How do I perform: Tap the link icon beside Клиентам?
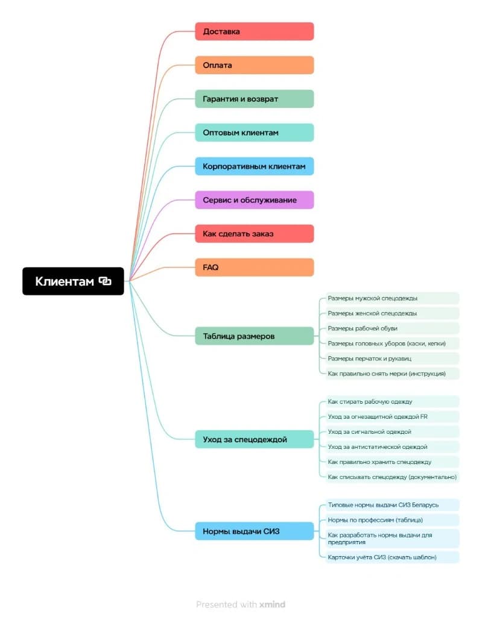click(106, 281)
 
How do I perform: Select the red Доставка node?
click(254, 31)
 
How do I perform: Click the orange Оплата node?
click(254, 65)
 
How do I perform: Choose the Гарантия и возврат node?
click(254, 99)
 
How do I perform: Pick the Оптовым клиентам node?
click(254, 133)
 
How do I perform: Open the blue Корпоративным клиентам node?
click(254, 166)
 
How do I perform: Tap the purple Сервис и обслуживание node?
click(254, 200)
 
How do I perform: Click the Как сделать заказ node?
click(254, 234)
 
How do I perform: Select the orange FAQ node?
click(254, 268)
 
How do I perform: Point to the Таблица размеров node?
click(254, 336)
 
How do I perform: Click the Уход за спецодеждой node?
click(254, 440)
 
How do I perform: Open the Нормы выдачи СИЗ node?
click(254, 531)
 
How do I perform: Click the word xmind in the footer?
click(272, 604)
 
